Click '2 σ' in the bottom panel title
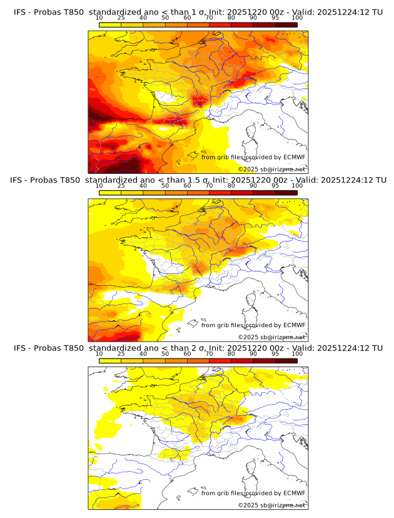tap(196, 348)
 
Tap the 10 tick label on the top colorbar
tap(99, 18)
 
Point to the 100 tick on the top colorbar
tap(296, 18)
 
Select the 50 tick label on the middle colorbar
tap(165, 186)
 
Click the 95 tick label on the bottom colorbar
tap(275, 353)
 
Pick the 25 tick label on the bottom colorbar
tap(121, 353)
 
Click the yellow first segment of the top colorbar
tap(110, 24)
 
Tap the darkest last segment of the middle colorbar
tap(286, 193)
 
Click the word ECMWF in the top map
tap(294, 157)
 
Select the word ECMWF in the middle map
tap(294, 325)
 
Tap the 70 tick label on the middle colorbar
tap(209, 186)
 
